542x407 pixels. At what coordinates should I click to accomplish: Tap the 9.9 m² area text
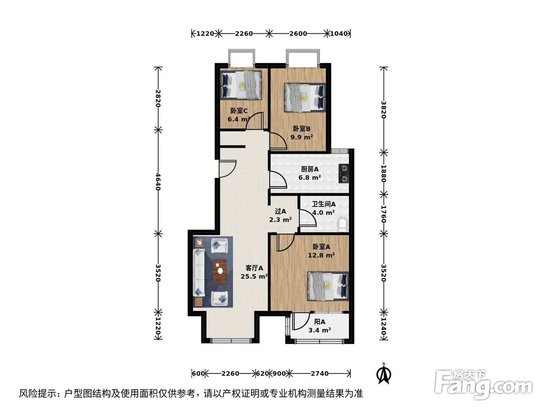pos(302,137)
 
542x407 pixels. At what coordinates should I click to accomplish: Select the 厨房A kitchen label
pos(310,169)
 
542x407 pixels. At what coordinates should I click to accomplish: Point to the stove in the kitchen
pos(344,173)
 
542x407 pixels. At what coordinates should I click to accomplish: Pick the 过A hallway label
pos(280,212)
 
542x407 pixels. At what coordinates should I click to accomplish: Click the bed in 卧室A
pos(327,285)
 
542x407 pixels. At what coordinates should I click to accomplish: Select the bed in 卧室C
pos(241,84)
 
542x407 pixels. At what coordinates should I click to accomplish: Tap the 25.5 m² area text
pos(254,276)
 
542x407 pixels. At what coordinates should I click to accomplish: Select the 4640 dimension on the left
pos(158,181)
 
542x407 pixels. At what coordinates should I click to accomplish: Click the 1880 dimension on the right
pos(384,174)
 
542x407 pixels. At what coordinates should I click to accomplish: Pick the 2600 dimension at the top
pos(298,34)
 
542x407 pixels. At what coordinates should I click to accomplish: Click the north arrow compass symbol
pos(384,373)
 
